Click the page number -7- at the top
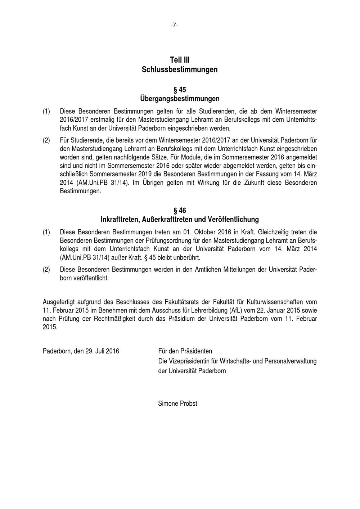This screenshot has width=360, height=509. tap(174, 25)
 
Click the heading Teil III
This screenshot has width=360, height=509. tap(180, 60)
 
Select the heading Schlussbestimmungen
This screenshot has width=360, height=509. tap(180, 69)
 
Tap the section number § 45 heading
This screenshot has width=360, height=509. tap(180, 89)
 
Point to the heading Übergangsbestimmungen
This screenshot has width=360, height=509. tap(180, 98)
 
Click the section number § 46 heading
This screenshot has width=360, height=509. tap(180, 210)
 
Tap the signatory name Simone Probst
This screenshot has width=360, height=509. tap(177, 404)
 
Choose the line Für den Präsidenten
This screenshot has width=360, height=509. tap(185, 351)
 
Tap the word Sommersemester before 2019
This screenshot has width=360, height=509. tap(109, 174)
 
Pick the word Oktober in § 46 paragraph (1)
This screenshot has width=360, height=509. tap(204, 232)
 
